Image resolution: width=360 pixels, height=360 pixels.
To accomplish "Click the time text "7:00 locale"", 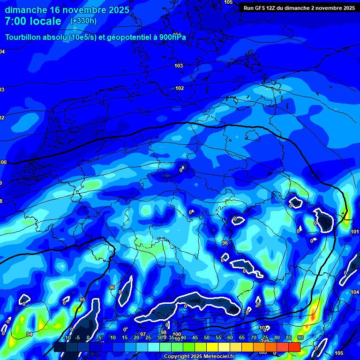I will point(33,21).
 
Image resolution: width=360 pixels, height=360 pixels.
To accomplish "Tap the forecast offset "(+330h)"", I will point(83,21).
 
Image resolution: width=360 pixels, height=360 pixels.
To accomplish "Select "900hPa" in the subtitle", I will point(173,37).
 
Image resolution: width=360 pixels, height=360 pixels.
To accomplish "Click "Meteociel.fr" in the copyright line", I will point(215,357).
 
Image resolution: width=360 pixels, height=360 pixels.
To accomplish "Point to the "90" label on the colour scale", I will point(300,337).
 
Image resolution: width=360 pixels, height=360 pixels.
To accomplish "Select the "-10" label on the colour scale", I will point(67,337).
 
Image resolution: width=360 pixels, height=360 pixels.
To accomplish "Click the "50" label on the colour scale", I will point(207,337).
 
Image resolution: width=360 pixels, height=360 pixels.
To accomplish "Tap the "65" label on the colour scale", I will point(242,337).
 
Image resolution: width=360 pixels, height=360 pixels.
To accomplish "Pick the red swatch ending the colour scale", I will point(294,347).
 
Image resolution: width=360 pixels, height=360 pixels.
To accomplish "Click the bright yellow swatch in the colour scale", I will point(212,347).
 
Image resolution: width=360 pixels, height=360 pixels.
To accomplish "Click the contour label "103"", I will point(179,66).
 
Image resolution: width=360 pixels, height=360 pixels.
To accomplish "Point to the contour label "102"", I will point(180,88).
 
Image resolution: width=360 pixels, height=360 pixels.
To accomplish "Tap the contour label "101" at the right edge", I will point(355,232).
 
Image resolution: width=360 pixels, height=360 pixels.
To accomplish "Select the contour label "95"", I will point(82,300).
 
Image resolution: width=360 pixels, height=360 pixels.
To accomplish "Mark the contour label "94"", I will point(30,334).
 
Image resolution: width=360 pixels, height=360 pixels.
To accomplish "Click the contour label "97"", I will point(143,334).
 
